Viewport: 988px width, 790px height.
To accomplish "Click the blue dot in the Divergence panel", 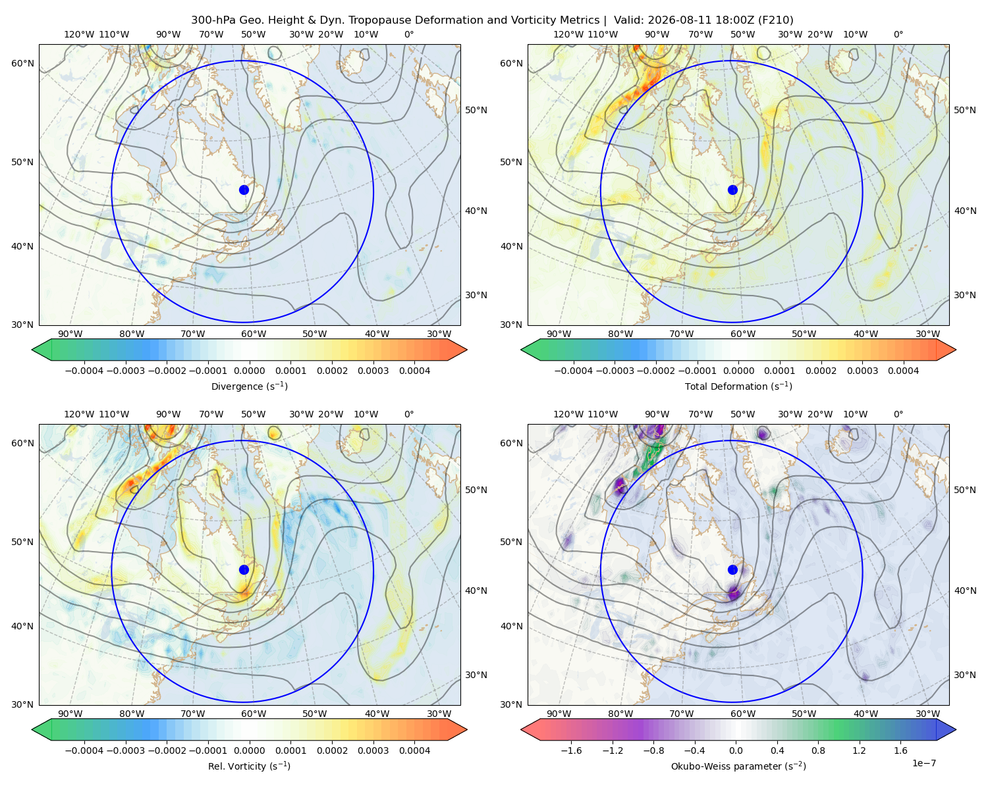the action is (244, 190).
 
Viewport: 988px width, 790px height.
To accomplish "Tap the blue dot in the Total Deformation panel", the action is (732, 190).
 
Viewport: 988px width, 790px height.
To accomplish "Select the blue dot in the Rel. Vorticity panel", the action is (244, 569).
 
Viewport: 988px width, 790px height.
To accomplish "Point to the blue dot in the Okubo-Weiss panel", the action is (732, 569).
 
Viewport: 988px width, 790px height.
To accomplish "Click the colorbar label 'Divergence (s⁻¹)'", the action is (249, 386).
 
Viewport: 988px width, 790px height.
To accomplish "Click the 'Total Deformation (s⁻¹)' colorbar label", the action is (738, 386).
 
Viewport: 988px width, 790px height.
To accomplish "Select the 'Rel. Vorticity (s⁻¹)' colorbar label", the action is (249, 766).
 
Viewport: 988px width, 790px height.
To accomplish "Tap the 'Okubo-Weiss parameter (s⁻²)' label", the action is (738, 766).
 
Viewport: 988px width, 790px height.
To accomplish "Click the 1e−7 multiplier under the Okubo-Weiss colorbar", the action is (923, 763).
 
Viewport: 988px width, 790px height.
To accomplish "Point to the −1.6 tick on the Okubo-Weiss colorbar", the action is (571, 750).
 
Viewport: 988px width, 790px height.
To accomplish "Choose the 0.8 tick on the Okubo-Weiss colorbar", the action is (818, 750).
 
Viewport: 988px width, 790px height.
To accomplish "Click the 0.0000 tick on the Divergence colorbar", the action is (249, 371).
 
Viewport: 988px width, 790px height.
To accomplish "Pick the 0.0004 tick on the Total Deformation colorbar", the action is (903, 371).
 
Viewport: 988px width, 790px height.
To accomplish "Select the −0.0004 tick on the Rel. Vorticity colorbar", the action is (84, 750).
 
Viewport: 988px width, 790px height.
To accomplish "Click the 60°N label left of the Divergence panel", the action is (22, 63).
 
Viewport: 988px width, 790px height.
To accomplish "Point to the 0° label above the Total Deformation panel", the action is (898, 34).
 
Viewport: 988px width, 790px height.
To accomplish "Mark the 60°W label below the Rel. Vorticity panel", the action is (254, 714).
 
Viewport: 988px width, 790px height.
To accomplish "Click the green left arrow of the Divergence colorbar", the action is (41, 350).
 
